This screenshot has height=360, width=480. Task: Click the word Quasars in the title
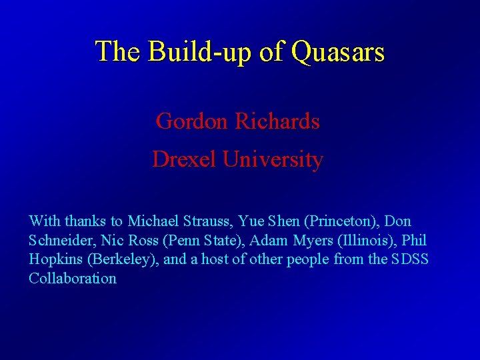tap(338, 51)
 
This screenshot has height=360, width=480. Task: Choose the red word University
tap(273, 159)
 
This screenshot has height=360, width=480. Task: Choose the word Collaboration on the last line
tap(73, 279)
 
